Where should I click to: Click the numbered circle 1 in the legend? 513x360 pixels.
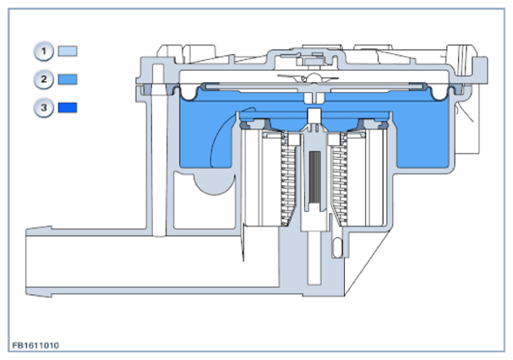point(43,52)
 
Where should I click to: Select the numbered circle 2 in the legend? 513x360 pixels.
point(43,79)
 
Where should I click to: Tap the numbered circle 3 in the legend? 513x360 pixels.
point(43,107)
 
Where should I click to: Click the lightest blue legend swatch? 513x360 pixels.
point(68,51)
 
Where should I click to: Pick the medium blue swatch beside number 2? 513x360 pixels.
point(68,79)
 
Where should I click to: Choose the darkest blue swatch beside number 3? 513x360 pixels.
point(68,107)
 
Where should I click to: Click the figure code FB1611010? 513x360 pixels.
point(35,346)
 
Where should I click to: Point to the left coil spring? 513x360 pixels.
point(288,179)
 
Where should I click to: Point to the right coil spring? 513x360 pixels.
point(341,179)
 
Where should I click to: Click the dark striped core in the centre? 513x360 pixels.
point(314,177)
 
